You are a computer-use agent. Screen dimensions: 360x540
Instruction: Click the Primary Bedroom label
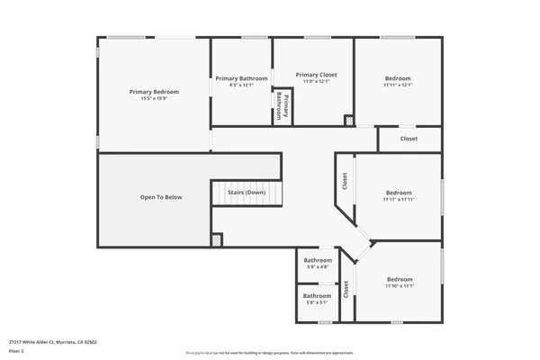(x=154, y=92)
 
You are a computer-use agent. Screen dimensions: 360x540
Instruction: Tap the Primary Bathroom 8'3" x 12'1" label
(x=241, y=78)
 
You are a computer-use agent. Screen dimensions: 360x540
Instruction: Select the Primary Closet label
(x=316, y=75)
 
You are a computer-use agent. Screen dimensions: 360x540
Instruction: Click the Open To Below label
(x=160, y=197)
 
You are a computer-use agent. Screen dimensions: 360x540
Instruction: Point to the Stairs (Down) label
(x=246, y=193)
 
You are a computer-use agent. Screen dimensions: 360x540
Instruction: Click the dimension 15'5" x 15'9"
(x=154, y=99)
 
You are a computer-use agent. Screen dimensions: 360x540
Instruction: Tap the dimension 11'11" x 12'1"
(x=398, y=85)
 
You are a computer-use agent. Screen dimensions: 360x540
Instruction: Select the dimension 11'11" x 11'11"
(x=399, y=200)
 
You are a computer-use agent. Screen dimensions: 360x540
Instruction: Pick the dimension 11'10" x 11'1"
(x=399, y=286)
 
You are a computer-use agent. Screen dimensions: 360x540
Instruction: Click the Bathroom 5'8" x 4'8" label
(x=317, y=261)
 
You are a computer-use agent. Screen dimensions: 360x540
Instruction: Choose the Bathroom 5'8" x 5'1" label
(x=317, y=296)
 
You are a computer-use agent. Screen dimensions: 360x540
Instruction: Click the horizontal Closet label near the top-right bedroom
(x=409, y=139)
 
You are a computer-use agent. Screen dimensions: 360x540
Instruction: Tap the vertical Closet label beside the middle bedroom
(x=345, y=181)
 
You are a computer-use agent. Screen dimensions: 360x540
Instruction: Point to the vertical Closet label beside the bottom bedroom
(x=346, y=290)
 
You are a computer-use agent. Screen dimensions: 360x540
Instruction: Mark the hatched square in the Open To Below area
(x=217, y=240)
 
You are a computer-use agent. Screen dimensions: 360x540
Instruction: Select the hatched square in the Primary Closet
(x=348, y=120)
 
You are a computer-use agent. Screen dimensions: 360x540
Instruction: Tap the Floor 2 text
(x=16, y=349)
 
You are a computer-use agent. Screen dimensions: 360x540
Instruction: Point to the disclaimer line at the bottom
(x=270, y=354)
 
